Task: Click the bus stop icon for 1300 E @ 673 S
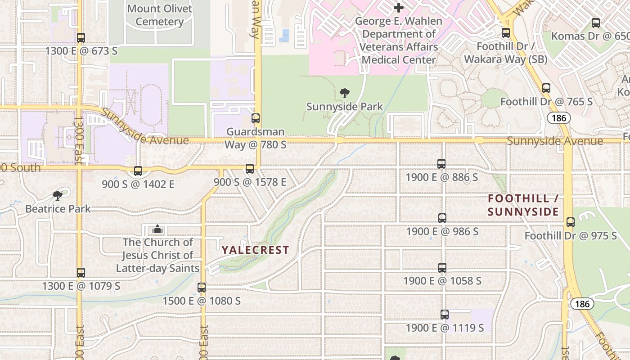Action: click(81, 38)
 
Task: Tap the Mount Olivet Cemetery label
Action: click(159, 15)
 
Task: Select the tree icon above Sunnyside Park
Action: click(345, 93)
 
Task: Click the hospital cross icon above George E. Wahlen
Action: click(398, 8)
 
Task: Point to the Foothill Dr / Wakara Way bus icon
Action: click(506, 33)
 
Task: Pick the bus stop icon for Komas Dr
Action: click(596, 23)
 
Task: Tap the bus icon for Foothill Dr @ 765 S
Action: click(546, 88)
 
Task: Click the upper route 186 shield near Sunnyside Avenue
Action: click(559, 118)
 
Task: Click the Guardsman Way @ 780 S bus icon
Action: click(256, 118)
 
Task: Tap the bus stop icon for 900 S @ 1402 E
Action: click(138, 171)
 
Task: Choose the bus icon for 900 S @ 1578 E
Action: click(250, 169)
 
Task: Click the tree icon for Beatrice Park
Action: click(58, 195)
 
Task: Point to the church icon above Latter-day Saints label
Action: click(157, 229)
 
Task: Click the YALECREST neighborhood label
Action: click(255, 250)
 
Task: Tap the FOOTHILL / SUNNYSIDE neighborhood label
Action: click(523, 205)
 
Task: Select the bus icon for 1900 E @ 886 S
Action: click(441, 164)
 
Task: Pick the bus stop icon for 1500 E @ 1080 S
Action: click(202, 287)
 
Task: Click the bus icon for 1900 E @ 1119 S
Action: click(445, 315)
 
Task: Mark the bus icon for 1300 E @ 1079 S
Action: click(81, 273)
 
